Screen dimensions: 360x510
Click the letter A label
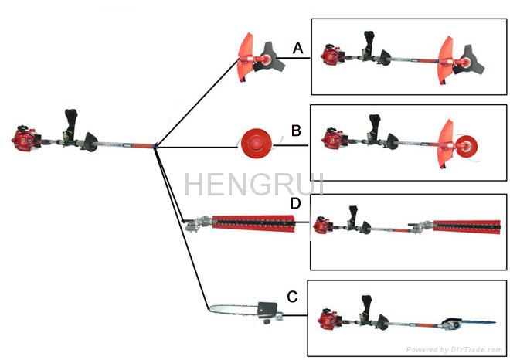pos(297,49)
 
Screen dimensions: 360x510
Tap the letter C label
pos(293,295)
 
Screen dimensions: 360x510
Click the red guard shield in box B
pos(447,143)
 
